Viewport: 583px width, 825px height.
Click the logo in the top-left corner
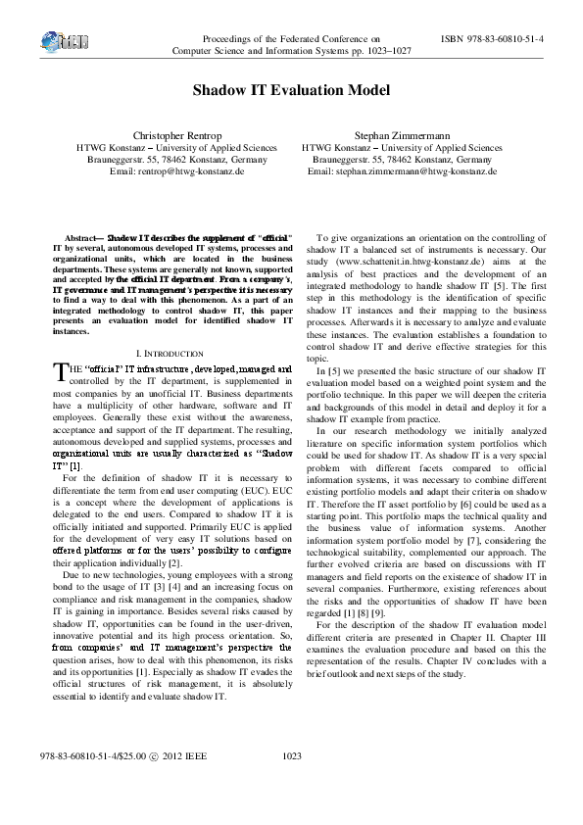coord(60,41)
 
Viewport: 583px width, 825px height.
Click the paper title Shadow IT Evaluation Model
coord(290,90)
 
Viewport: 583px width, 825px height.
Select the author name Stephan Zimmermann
coord(402,135)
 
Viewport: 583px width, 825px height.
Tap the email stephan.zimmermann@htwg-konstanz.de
coord(402,170)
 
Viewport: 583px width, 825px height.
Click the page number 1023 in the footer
coord(291,783)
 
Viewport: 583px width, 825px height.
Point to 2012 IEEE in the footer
coord(182,783)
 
